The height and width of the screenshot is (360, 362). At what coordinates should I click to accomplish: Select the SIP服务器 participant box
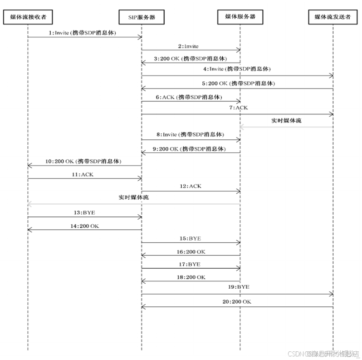tap(141, 17)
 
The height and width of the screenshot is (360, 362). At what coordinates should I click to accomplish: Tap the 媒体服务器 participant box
tap(240, 17)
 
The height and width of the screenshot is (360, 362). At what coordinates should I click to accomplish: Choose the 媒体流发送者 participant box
tap(333, 17)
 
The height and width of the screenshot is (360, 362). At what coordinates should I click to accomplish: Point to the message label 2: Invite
tap(188, 46)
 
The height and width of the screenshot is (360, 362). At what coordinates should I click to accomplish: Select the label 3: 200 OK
tap(190, 59)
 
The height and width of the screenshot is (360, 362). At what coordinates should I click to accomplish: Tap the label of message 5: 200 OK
tap(239, 84)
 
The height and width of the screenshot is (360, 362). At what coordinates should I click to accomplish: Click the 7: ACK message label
tap(239, 108)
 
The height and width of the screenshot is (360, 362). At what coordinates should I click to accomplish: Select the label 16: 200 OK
tap(191, 252)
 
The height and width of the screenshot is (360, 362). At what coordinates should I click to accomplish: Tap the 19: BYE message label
tap(239, 287)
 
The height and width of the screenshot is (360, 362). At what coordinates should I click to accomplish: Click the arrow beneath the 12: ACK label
tap(191, 192)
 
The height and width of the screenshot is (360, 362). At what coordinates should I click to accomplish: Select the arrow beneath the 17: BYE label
tap(191, 268)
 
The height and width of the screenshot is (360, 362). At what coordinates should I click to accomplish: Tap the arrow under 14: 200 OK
tap(85, 230)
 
